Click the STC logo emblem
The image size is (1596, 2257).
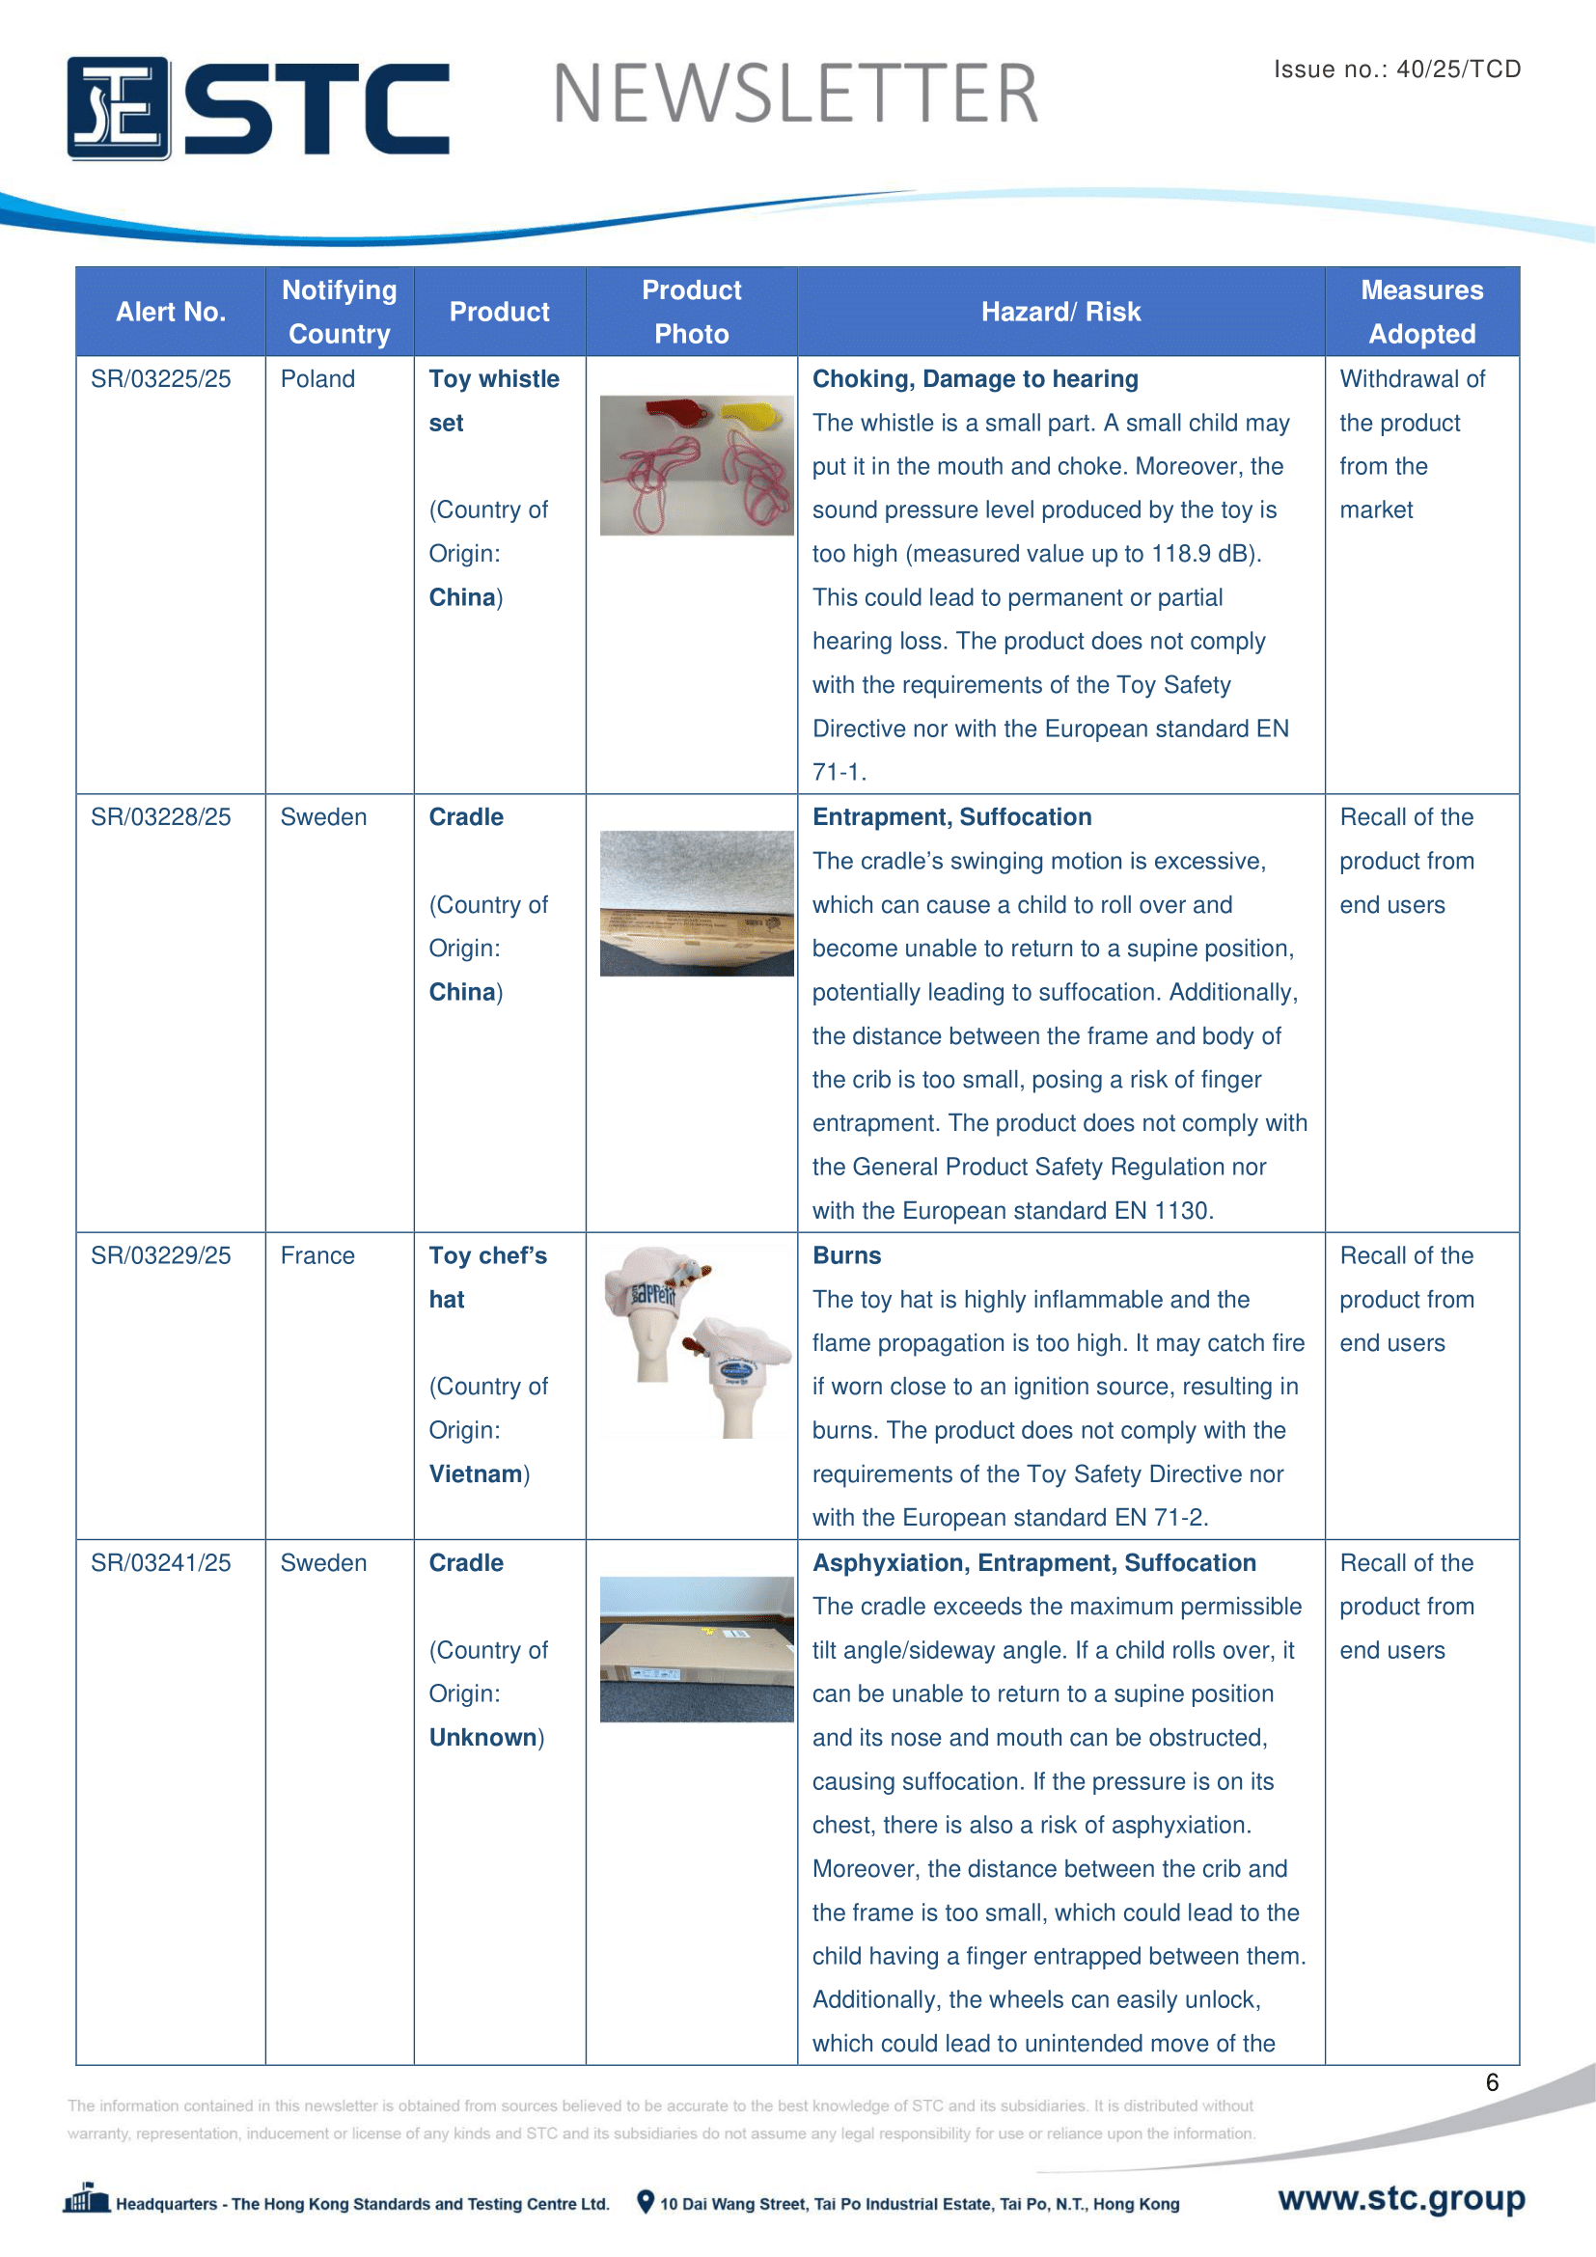(118, 108)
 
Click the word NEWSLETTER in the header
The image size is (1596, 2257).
(795, 95)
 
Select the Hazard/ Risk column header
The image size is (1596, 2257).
(1060, 312)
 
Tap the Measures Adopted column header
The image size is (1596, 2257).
(1421, 312)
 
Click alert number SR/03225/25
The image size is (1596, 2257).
(161, 379)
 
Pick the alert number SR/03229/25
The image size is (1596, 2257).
(161, 1255)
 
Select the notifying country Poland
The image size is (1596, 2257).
(317, 379)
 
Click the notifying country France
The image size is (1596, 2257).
(317, 1255)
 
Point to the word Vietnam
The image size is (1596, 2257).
(476, 1473)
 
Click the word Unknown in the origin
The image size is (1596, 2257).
(482, 1737)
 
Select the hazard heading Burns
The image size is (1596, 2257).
(846, 1255)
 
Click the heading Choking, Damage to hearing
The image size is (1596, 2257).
(975, 379)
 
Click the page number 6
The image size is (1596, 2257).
(1492, 2082)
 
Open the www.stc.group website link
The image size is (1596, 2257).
(1401, 2197)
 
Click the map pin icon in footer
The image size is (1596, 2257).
(646, 2202)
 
